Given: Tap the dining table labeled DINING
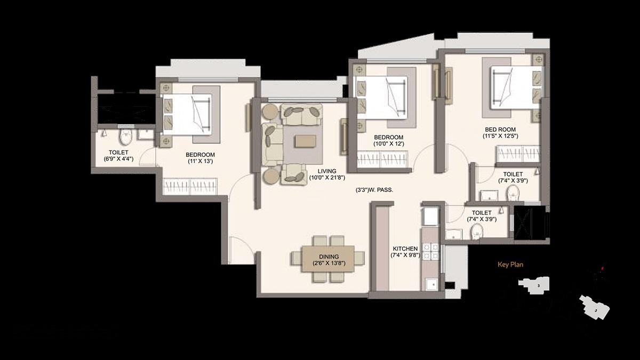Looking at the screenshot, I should tap(328, 259).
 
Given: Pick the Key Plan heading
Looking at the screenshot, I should tap(511, 264).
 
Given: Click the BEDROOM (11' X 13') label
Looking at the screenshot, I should tap(200, 158).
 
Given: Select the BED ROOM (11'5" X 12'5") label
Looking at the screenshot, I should tap(501, 132).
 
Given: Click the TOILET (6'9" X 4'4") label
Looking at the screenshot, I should tap(118, 155).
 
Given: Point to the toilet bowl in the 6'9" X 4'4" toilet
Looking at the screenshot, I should tap(126, 137).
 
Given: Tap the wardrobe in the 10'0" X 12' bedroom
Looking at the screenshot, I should tap(382, 159).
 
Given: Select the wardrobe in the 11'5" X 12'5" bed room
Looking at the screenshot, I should tap(518, 154).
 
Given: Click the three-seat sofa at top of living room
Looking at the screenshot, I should tap(302, 114).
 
